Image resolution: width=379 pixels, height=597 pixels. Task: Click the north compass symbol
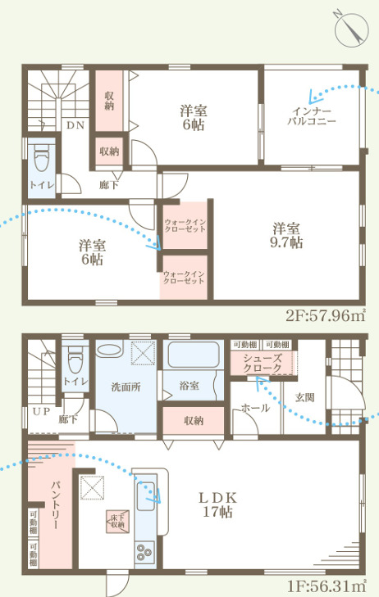click(x=351, y=29)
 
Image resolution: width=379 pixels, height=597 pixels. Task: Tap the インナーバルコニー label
click(x=312, y=116)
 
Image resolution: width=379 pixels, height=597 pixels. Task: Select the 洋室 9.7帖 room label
click(x=286, y=235)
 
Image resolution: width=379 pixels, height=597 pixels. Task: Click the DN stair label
click(x=75, y=124)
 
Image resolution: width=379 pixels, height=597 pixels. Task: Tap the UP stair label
click(x=41, y=411)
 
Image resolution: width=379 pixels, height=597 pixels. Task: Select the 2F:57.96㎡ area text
click(x=326, y=315)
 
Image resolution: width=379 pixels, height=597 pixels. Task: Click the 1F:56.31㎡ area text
click(x=326, y=586)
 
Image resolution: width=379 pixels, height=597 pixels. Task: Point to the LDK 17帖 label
click(x=217, y=504)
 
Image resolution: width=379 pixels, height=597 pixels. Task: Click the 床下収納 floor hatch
click(x=117, y=521)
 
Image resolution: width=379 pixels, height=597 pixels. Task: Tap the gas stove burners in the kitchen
click(x=144, y=553)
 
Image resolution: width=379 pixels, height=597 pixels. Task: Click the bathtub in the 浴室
click(x=194, y=355)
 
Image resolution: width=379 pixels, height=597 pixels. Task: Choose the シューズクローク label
click(x=263, y=363)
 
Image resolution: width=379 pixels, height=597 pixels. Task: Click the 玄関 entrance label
click(x=305, y=397)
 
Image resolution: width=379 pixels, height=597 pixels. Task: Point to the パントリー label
click(x=55, y=505)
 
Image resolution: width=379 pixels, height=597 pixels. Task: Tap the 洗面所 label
click(x=126, y=387)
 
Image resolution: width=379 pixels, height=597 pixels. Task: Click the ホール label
click(x=255, y=408)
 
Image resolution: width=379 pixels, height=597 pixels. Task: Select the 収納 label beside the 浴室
click(x=194, y=420)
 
